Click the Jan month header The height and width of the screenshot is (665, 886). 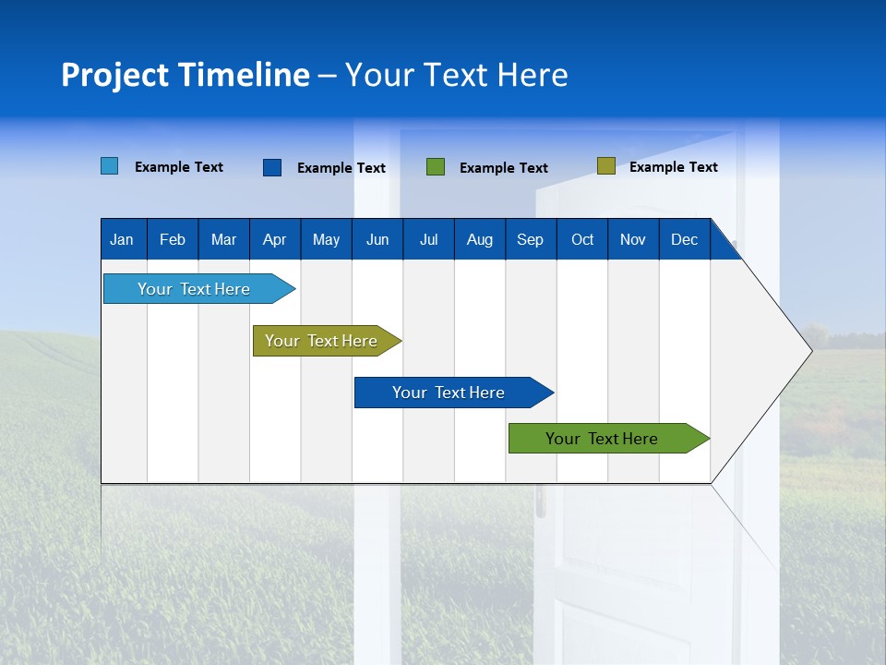[122, 239]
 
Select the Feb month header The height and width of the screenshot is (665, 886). [173, 239]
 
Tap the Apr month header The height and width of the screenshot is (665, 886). [274, 239]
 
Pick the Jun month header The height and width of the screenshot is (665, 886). [377, 239]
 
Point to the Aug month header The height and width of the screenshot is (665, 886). [480, 239]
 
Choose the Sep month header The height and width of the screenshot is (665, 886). [530, 239]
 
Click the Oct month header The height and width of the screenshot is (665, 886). [582, 239]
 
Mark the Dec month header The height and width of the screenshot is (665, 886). [684, 239]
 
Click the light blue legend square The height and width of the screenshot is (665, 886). [109, 166]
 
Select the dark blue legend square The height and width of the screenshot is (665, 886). [271, 167]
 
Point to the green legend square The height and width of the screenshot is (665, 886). [436, 167]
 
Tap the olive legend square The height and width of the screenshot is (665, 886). [605, 166]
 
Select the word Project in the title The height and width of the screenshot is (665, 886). [114, 75]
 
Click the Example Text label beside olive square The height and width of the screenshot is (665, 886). [673, 167]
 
